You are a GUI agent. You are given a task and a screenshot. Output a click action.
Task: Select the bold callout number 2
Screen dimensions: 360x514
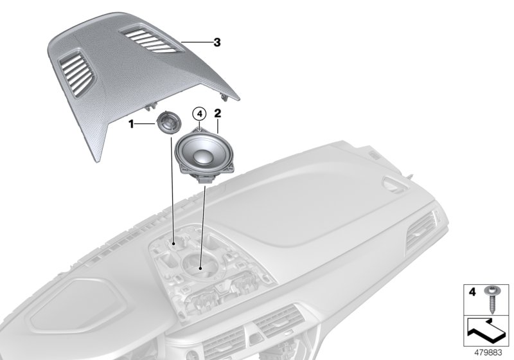pyautogui.click(x=218, y=113)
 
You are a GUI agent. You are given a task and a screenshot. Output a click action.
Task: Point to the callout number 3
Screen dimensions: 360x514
pyautogui.click(x=217, y=42)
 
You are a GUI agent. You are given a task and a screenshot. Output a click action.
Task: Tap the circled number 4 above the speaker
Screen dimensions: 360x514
pyautogui.click(x=199, y=114)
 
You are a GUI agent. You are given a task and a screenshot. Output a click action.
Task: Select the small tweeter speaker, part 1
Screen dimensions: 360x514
pyautogui.click(x=169, y=122)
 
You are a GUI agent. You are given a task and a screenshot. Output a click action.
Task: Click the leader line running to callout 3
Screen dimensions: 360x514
pyautogui.click(x=195, y=42)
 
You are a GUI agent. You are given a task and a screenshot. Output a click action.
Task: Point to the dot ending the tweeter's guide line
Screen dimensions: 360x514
pyautogui.click(x=174, y=244)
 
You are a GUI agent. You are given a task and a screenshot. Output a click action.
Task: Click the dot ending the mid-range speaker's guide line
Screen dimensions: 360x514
pyautogui.click(x=201, y=267)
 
